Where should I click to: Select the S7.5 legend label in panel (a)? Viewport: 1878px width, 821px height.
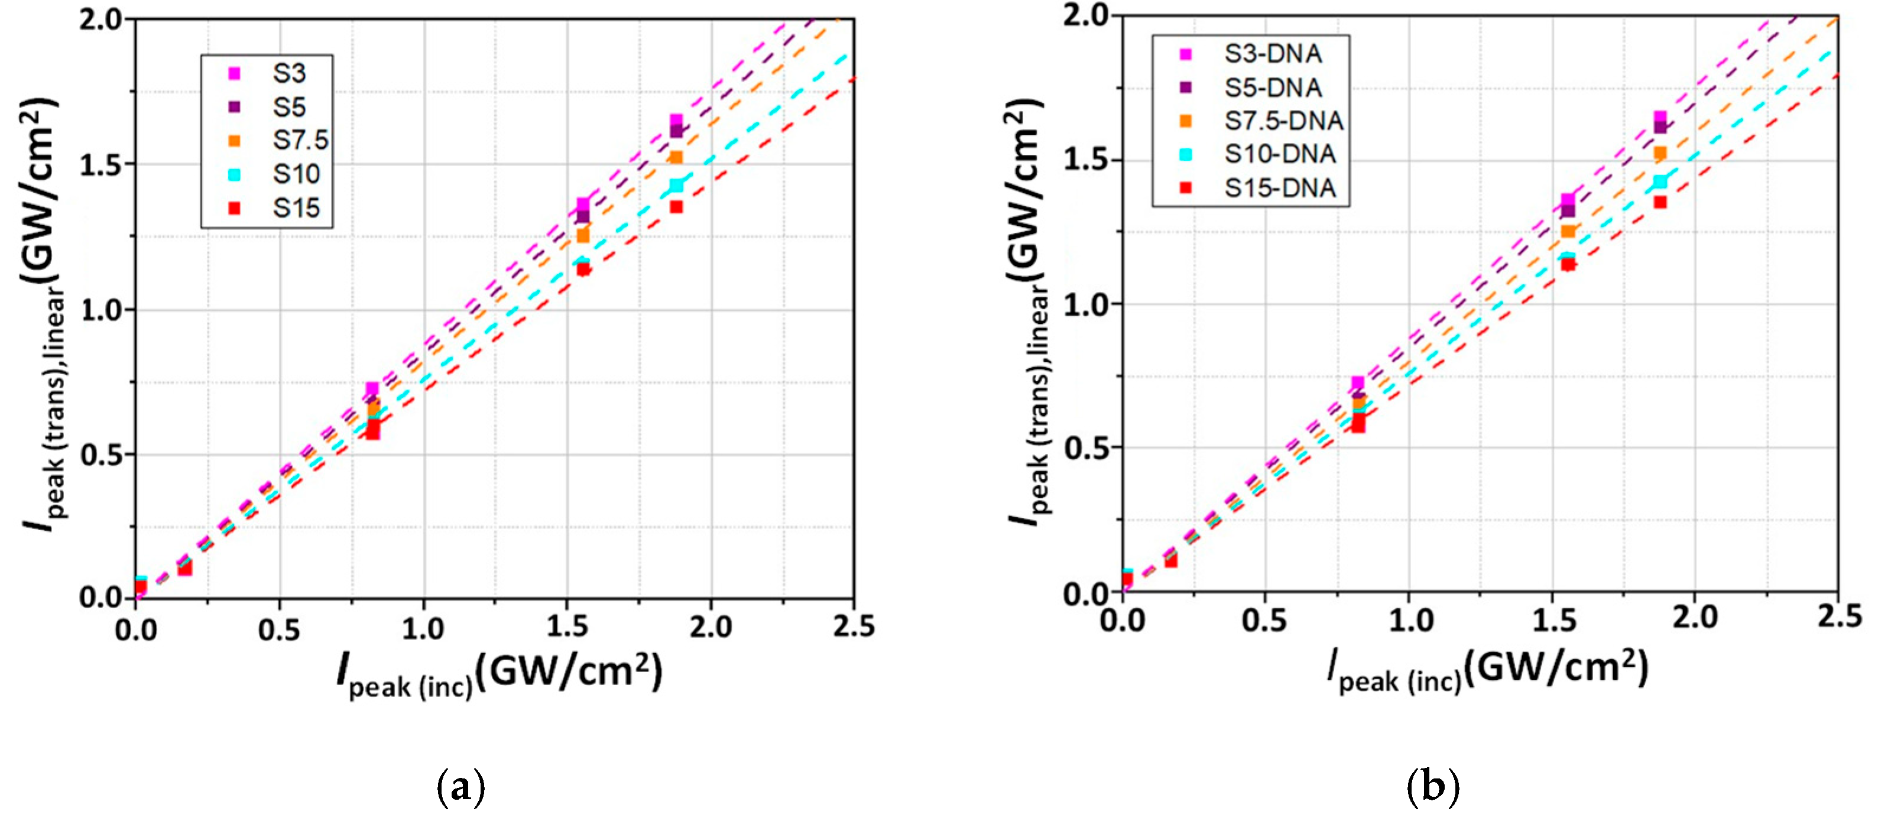coord(300,140)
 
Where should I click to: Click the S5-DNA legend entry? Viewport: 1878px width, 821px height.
coord(1272,87)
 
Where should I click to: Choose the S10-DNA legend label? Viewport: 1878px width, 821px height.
coord(1279,154)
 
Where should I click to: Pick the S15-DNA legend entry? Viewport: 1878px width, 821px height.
coord(1279,188)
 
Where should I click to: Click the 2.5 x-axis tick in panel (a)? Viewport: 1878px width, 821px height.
coord(853,627)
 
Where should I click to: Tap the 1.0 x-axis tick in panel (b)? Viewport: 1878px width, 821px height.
coord(1410,621)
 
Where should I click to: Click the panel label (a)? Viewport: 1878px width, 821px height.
coord(460,787)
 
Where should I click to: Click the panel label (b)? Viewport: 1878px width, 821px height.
coord(1432,787)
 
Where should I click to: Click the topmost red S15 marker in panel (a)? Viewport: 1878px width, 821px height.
coord(677,207)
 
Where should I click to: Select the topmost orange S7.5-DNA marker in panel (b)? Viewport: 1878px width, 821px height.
coord(1660,152)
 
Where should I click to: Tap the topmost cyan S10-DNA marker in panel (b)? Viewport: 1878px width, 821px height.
coord(1660,181)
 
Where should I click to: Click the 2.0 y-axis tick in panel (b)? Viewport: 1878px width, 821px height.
coord(1087,16)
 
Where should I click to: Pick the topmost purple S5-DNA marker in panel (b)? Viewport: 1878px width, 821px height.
coord(1660,127)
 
